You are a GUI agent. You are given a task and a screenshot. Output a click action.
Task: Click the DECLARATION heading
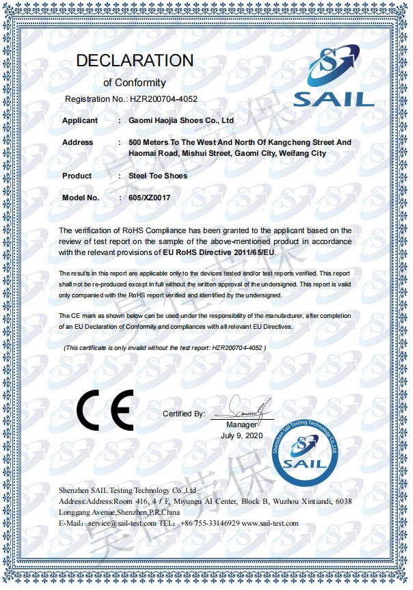[x=134, y=60]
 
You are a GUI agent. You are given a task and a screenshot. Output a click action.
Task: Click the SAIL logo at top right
[x=333, y=75]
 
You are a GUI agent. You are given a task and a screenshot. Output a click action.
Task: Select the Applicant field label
[x=80, y=120]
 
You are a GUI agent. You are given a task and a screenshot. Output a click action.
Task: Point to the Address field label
[x=77, y=142]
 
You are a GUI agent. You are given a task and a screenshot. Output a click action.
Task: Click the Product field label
[x=77, y=176]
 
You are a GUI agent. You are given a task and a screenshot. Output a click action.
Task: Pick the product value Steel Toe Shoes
[x=158, y=176]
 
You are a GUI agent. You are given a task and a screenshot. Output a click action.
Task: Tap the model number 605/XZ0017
[x=149, y=198]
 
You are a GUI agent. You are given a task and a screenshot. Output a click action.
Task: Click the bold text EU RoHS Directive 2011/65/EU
[x=224, y=252]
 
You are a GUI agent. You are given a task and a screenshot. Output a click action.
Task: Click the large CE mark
[x=105, y=410]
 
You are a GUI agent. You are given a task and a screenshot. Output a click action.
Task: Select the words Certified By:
[x=184, y=414]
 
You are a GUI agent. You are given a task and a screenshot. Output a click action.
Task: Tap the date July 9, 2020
[x=241, y=435]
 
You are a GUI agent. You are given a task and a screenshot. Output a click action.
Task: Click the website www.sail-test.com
[x=270, y=523]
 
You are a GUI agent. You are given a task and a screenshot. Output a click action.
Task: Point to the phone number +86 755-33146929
[x=209, y=523]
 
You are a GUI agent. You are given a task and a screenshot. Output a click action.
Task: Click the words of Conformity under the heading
[x=134, y=83]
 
